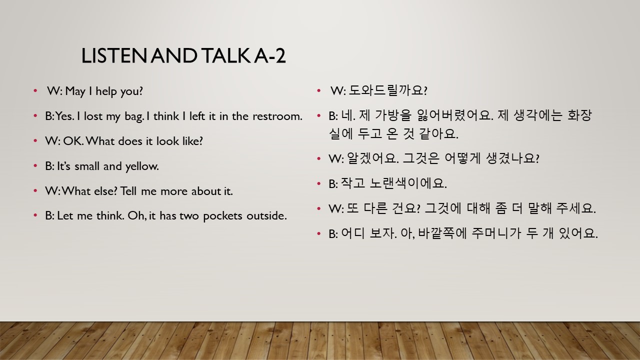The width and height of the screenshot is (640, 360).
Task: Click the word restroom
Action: tap(277, 116)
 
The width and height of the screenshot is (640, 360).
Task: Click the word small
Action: tap(86, 166)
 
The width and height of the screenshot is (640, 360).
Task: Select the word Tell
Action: tap(128, 191)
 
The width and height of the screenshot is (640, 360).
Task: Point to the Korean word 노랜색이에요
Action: tap(408, 183)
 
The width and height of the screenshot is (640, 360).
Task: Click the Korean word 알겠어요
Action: tap(372, 158)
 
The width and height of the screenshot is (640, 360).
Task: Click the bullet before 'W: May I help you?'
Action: tap(35, 91)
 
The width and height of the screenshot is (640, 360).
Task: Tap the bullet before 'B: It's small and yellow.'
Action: tap(35, 165)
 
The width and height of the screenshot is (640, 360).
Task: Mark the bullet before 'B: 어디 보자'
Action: tap(319, 233)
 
